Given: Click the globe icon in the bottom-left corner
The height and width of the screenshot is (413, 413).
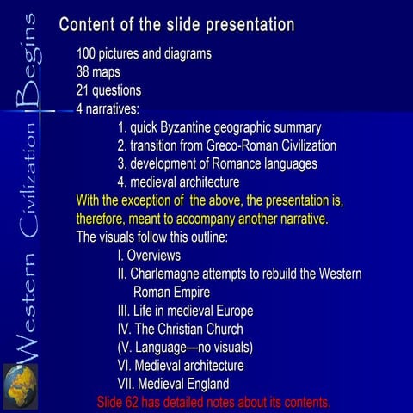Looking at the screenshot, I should [20, 385].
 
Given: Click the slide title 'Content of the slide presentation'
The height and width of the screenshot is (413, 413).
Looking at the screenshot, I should [177, 24].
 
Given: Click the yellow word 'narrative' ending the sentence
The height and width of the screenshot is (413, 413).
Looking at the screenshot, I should [298, 219].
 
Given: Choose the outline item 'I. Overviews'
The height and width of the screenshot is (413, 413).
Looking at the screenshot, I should [149, 256].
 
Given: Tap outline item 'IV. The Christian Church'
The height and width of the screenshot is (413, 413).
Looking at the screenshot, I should [180, 329].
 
